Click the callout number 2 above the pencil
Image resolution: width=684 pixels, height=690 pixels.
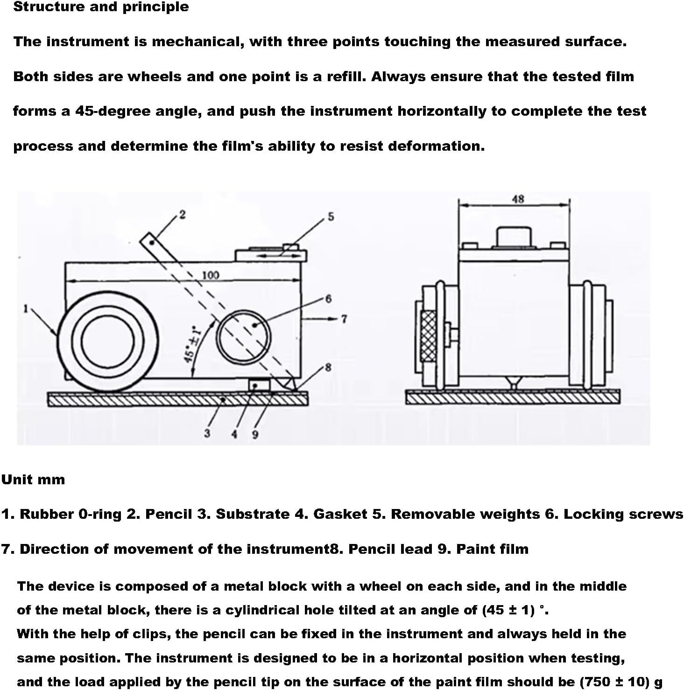[182, 214]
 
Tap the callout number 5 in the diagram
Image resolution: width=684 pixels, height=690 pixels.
[331, 217]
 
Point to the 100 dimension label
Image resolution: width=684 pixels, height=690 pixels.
[210, 275]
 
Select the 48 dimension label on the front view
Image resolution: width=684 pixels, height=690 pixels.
[518, 199]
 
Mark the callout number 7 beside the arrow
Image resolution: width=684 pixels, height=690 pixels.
[344, 319]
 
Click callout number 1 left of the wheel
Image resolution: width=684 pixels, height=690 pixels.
[27, 308]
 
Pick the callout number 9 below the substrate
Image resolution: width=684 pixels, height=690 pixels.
[255, 434]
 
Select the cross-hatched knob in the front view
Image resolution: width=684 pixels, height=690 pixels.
[428, 336]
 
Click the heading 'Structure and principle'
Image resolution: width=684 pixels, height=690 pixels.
[101, 7]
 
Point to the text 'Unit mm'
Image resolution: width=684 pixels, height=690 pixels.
[33, 480]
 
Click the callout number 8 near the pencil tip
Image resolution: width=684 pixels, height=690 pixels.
[328, 367]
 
